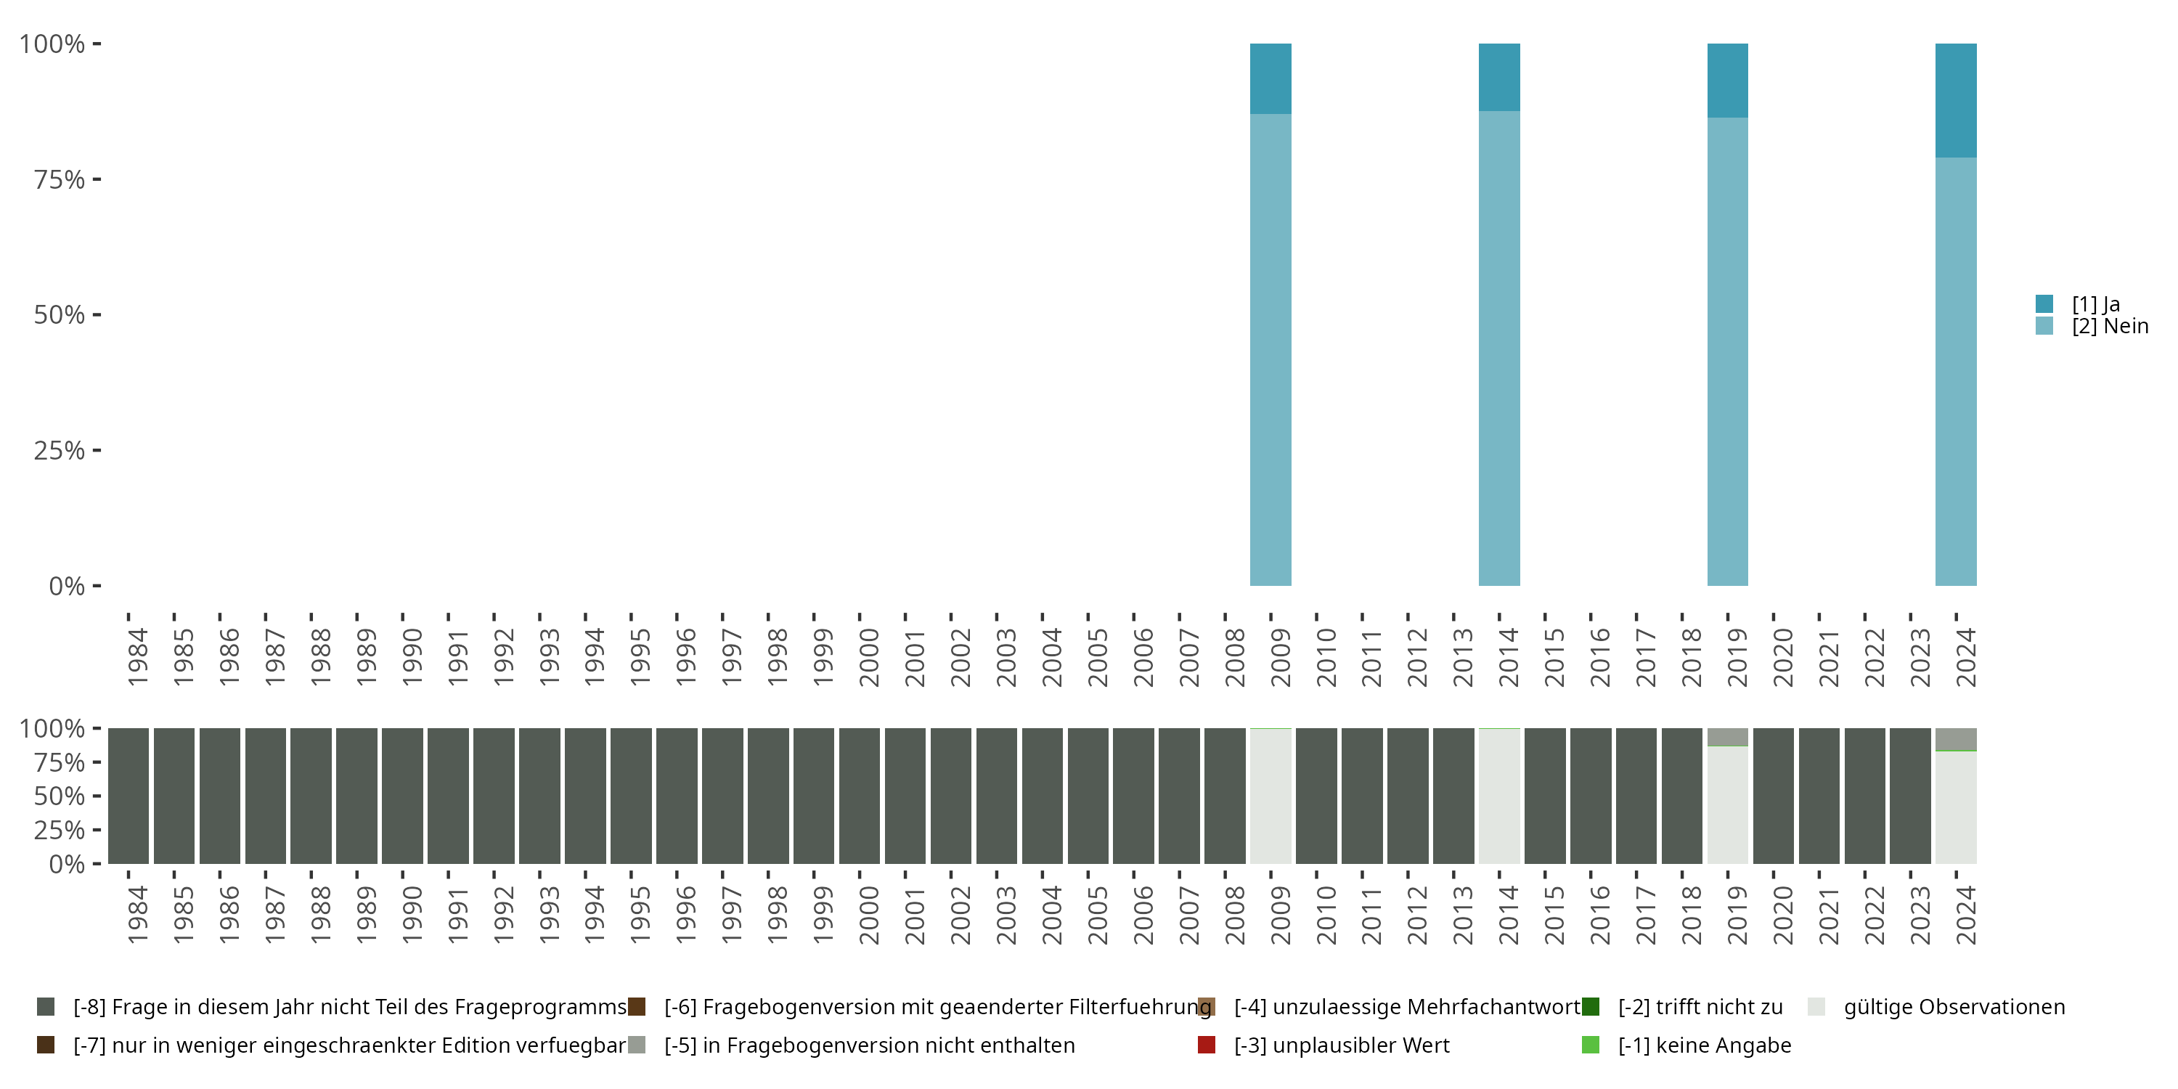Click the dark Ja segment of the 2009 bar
point(1270,78)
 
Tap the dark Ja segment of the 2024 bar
point(1956,99)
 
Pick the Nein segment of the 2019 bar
point(1727,351)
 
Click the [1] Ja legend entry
point(2095,304)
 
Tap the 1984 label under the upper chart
point(137,657)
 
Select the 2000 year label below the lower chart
point(868,915)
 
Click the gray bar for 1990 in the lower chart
point(402,796)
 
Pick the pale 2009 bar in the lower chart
point(1270,796)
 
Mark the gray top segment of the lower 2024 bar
point(1956,739)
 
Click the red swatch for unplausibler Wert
point(1207,1045)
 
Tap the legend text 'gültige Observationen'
point(1954,1007)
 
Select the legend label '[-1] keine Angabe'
point(1704,1045)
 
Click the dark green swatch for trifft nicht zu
point(1591,1007)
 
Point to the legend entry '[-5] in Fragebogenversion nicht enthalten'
point(869,1045)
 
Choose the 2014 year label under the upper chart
point(1507,657)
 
